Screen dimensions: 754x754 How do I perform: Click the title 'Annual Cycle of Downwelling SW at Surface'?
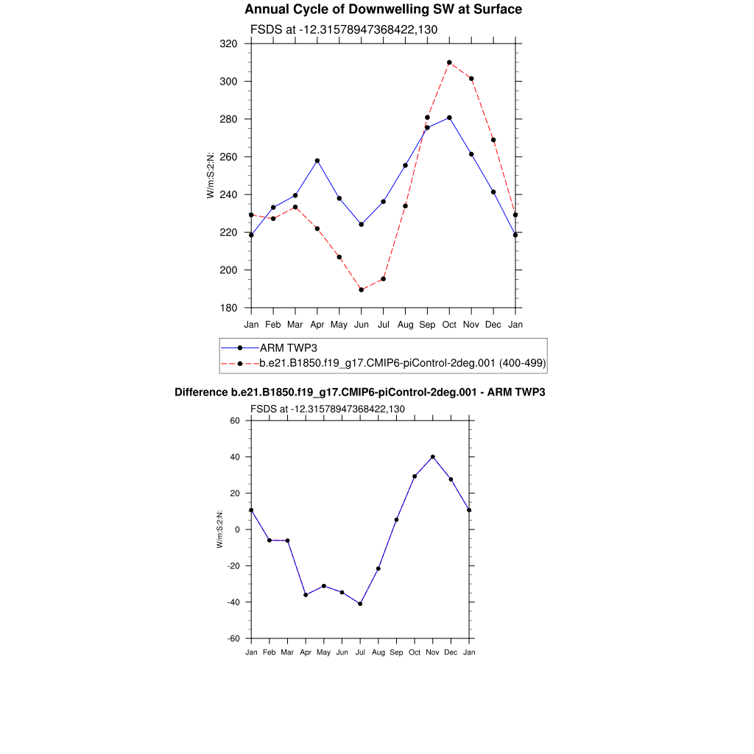[x=383, y=10]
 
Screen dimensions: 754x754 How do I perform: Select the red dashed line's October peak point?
[x=449, y=63]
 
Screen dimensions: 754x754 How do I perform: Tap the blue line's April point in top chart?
[x=317, y=161]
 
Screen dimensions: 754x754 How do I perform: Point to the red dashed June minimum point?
[x=362, y=289]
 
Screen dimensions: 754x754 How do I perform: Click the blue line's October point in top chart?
[x=449, y=118]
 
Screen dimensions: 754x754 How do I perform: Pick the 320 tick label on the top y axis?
[x=228, y=44]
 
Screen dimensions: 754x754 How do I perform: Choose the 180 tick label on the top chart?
[x=228, y=308]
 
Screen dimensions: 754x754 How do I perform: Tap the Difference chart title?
[x=359, y=392]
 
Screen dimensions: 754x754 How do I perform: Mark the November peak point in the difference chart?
[x=433, y=457]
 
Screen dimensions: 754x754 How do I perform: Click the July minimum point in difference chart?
[x=360, y=604]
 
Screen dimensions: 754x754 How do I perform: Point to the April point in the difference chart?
[x=306, y=595]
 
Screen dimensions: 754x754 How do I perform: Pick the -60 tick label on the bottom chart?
[x=233, y=638]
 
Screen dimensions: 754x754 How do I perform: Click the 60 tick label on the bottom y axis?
[x=236, y=421]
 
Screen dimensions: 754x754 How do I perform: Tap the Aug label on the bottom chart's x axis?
[x=378, y=653]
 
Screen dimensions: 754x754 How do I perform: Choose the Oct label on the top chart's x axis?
[x=449, y=325]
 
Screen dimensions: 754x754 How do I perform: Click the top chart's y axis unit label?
[x=211, y=175]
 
